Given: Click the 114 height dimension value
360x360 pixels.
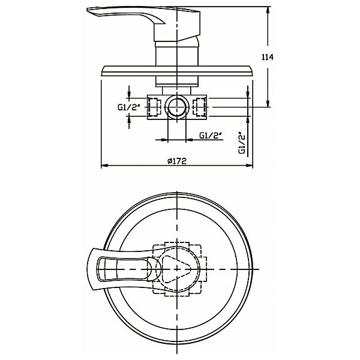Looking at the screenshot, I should pos(268,57).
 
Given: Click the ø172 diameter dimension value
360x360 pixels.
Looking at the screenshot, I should pos(177,161).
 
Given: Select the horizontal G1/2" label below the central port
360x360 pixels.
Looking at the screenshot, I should pos(211,136).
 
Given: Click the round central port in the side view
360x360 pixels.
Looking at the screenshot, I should pos(177,107).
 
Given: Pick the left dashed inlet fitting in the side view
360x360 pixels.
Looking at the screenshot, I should pos(154,107).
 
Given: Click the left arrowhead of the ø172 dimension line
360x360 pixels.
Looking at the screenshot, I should pos(103,165).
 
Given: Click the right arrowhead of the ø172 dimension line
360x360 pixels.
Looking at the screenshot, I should pos(252,165).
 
